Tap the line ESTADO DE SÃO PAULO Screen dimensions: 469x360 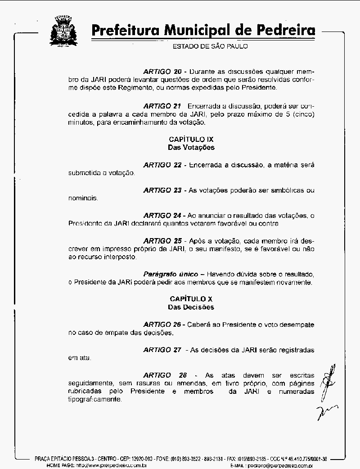(210, 46)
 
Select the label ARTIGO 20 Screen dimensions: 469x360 (162, 72)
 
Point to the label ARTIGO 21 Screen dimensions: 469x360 (162, 106)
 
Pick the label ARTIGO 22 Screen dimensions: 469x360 (162, 165)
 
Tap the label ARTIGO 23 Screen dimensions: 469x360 (162, 190)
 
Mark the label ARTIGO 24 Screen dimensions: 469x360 (162, 215)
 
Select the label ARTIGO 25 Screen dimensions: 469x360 (162, 240)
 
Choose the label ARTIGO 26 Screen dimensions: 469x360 (162, 325)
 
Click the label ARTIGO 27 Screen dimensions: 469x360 (162, 350)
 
